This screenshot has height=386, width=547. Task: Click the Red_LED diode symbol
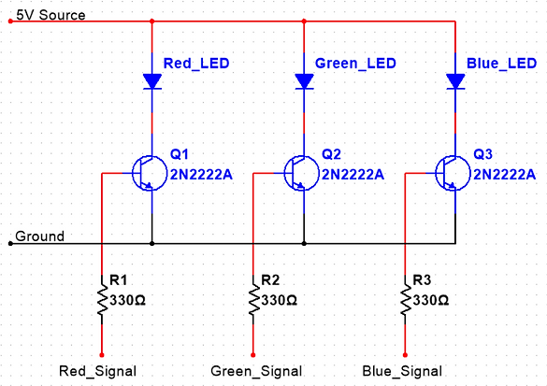pyautogui.click(x=152, y=81)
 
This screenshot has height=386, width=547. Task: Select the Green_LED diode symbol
pyautogui.click(x=304, y=81)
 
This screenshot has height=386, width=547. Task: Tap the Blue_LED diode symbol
pyautogui.click(x=455, y=81)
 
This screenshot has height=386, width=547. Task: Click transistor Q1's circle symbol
pyautogui.click(x=150, y=173)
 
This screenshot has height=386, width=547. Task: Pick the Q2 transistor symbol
pyautogui.click(x=302, y=173)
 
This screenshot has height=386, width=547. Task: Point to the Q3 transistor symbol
pyautogui.click(x=453, y=173)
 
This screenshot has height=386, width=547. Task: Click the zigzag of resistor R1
pyautogui.click(x=102, y=300)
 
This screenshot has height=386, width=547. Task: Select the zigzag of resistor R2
pyautogui.click(x=253, y=300)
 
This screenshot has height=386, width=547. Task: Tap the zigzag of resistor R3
pyautogui.click(x=406, y=300)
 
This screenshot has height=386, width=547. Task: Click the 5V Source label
pyautogui.click(x=50, y=15)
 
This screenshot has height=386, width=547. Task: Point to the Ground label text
pyautogui.click(x=40, y=236)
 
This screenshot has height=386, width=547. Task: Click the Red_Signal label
pyautogui.click(x=97, y=371)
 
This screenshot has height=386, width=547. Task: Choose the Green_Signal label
pyautogui.click(x=256, y=371)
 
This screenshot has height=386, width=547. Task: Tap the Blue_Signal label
pyautogui.click(x=402, y=371)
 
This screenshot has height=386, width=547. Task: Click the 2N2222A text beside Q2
pyautogui.click(x=353, y=175)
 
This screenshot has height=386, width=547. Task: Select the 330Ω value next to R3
pyautogui.click(x=431, y=300)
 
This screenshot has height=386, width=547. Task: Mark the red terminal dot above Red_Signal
pyautogui.click(x=102, y=355)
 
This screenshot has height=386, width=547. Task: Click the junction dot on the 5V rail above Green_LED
pyautogui.click(x=304, y=21)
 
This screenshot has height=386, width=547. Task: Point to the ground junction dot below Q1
pyautogui.click(x=152, y=243)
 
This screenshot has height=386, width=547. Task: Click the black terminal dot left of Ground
pyautogui.click(x=10, y=243)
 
